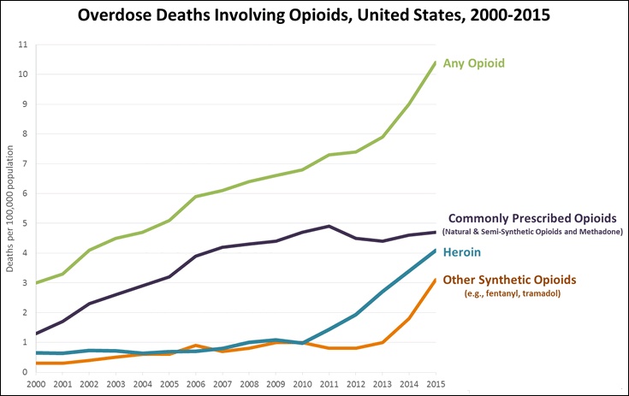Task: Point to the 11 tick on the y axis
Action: (23, 44)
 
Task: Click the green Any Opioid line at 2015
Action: (435, 62)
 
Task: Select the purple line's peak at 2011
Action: (329, 227)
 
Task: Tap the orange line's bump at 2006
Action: (196, 346)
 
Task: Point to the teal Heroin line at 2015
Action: (435, 251)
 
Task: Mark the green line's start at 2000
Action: (37, 282)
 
